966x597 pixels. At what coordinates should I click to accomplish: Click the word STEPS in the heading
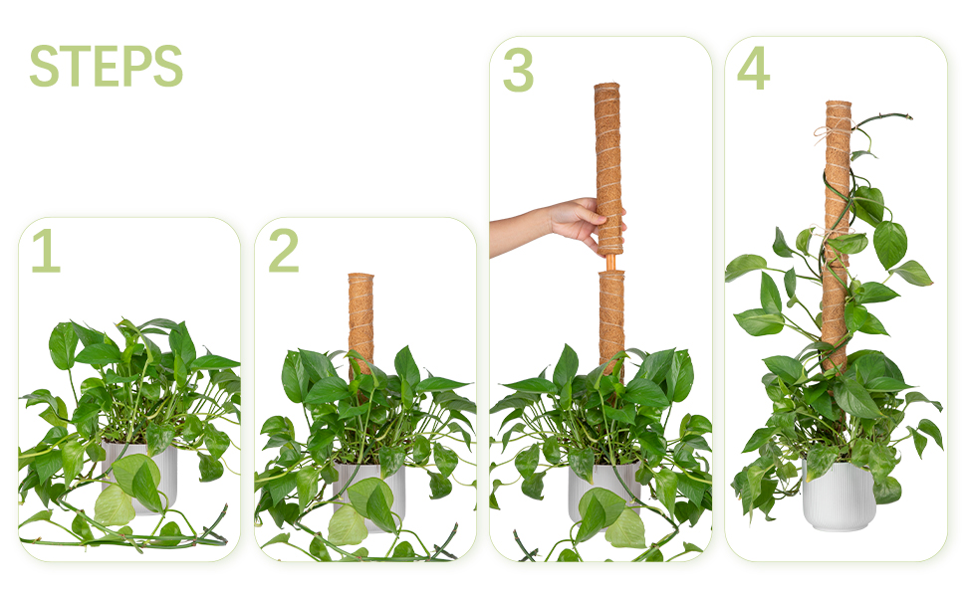point(106,66)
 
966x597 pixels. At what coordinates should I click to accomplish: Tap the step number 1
point(46,251)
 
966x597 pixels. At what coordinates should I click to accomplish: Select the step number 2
point(284,251)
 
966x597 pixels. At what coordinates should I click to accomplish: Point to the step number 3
point(518,70)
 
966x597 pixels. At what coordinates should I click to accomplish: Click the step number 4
point(754,68)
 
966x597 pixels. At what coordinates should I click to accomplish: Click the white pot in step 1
point(140,474)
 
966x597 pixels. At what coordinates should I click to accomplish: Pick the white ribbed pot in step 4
point(840,496)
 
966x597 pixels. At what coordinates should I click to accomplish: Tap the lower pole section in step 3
point(611,323)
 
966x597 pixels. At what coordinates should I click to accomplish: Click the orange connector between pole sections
point(609,262)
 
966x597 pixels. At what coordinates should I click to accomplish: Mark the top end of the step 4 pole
point(839,102)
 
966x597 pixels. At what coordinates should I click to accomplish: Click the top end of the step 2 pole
point(362,275)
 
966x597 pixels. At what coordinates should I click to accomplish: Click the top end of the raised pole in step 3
point(606,85)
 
